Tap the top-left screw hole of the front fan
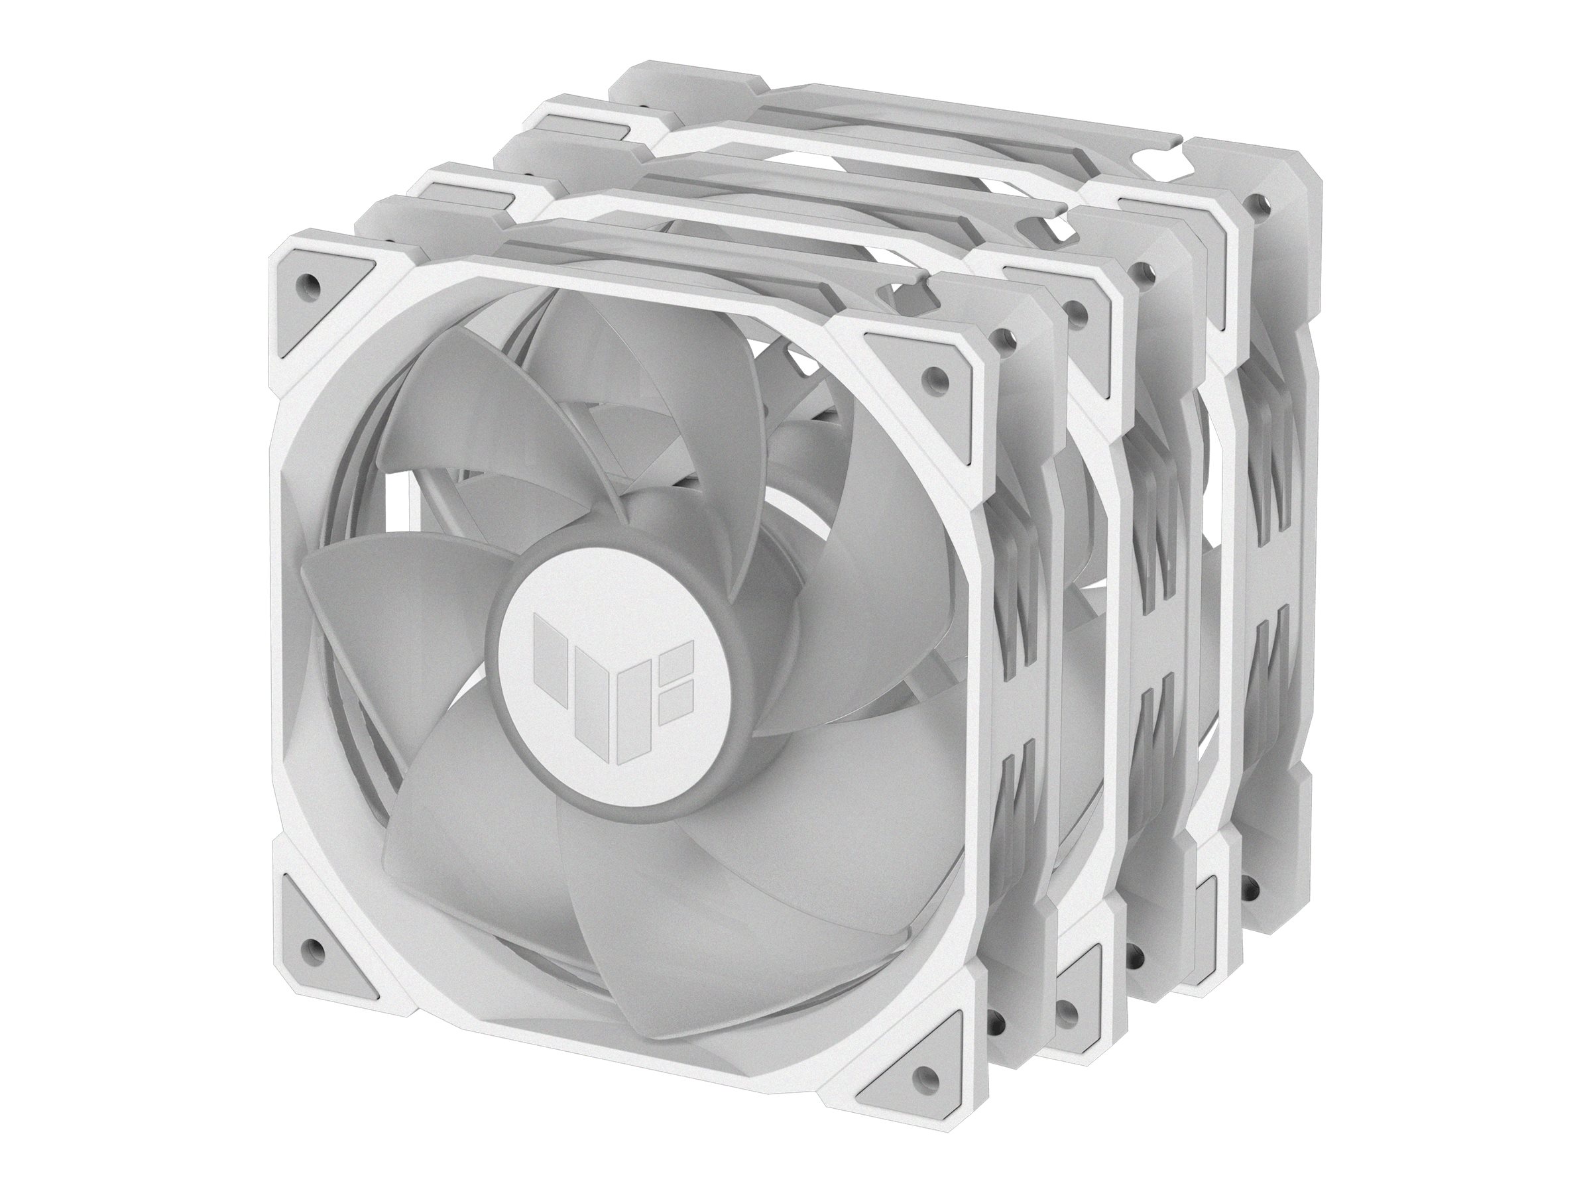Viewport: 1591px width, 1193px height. tap(310, 280)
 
